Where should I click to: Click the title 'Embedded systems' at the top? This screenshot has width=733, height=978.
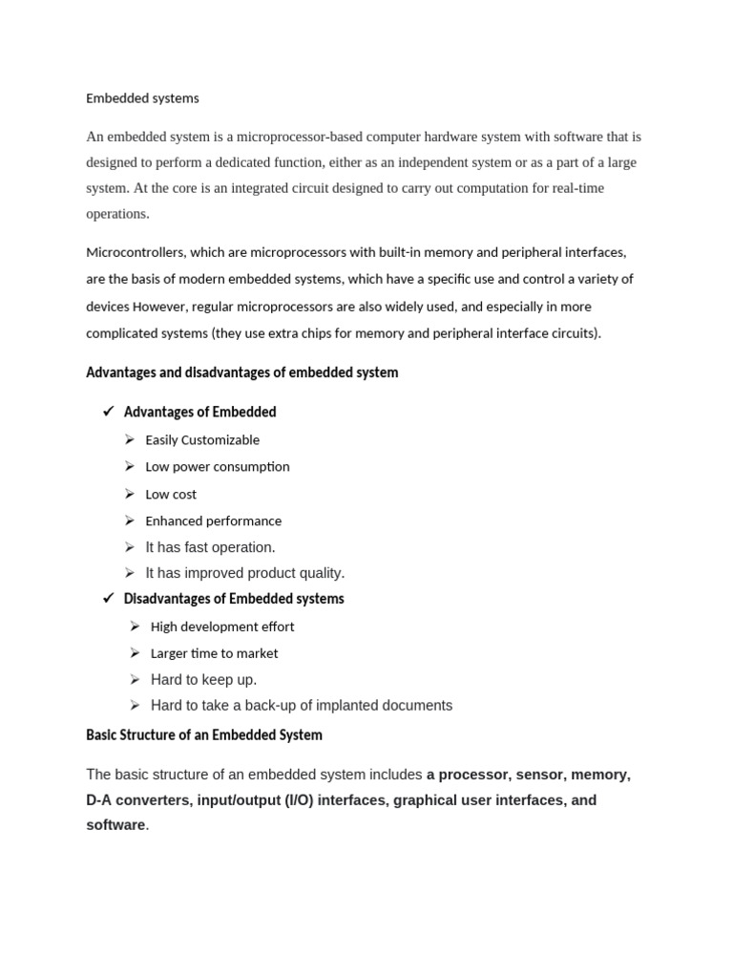pyautogui.click(x=142, y=98)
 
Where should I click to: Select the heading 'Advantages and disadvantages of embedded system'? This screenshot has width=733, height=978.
pyautogui.click(x=241, y=372)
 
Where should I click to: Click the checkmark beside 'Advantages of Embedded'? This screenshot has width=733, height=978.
pyautogui.click(x=108, y=412)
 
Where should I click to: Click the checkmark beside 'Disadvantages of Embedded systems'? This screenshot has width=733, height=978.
pyautogui.click(x=108, y=599)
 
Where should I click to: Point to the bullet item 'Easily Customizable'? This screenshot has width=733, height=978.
pyautogui.click(x=202, y=440)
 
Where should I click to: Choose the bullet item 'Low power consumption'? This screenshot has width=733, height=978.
pyautogui.click(x=217, y=467)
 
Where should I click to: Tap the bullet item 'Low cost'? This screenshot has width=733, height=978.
pyautogui.click(x=171, y=495)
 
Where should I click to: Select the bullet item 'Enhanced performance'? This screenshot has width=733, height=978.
pyautogui.click(x=213, y=521)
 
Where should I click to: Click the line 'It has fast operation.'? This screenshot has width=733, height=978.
pyautogui.click(x=210, y=547)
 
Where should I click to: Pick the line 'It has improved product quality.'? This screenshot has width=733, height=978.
pyautogui.click(x=244, y=573)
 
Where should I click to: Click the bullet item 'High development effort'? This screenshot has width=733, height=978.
pyautogui.click(x=222, y=627)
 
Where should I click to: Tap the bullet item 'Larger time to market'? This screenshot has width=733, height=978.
pyautogui.click(x=214, y=653)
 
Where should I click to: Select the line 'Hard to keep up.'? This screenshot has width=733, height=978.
pyautogui.click(x=203, y=680)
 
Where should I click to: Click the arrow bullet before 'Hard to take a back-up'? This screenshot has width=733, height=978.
pyautogui.click(x=135, y=705)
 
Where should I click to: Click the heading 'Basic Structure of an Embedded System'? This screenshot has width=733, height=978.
pyautogui.click(x=204, y=735)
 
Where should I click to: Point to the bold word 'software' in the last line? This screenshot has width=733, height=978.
pyautogui.click(x=115, y=824)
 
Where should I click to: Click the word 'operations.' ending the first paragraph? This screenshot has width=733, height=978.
pyautogui.click(x=117, y=214)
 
